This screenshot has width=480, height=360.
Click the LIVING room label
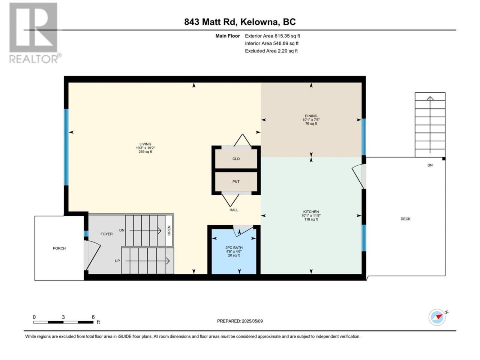(x=145, y=144)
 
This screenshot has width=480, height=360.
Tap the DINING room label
(x=311, y=116)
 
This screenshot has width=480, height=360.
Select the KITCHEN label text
(x=311, y=211)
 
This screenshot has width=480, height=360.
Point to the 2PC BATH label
(x=234, y=247)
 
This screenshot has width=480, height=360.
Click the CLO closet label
(x=236, y=159)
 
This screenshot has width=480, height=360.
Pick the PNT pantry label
(x=236, y=181)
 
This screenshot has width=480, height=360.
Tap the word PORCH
(x=59, y=248)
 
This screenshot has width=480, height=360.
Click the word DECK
(x=405, y=219)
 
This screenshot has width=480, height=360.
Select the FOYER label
(x=106, y=234)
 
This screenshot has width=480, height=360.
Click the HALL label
(x=234, y=210)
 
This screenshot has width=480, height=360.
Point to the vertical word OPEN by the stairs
(x=169, y=230)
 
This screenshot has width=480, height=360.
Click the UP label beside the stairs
(x=117, y=261)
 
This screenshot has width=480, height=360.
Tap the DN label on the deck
(x=430, y=165)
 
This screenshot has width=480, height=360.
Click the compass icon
(x=437, y=317)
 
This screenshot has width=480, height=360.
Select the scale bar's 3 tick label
(x=63, y=317)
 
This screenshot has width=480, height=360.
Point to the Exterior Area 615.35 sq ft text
(x=273, y=36)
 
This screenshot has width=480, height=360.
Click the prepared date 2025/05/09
(x=252, y=321)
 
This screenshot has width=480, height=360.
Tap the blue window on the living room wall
(x=66, y=147)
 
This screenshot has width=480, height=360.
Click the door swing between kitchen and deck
(x=358, y=176)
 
